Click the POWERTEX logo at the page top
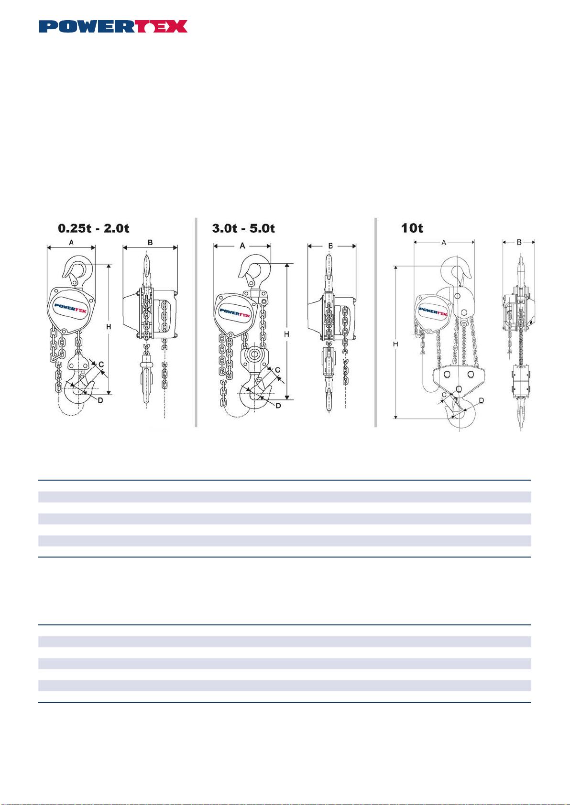pyautogui.click(x=113, y=27)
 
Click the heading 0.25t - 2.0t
pyautogui.click(x=94, y=228)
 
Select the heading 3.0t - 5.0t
pyautogui.click(x=243, y=228)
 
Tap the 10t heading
pyautogui.click(x=412, y=228)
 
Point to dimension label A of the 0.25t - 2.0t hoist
pyautogui.click(x=71, y=243)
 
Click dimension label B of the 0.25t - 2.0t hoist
pyautogui.click(x=150, y=243)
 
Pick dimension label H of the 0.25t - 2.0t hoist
pyautogui.click(x=109, y=327)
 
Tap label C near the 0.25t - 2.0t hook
pyautogui.click(x=101, y=365)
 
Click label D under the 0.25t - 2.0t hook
pyautogui.click(x=101, y=400)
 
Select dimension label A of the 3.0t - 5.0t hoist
pyautogui.click(x=242, y=246)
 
